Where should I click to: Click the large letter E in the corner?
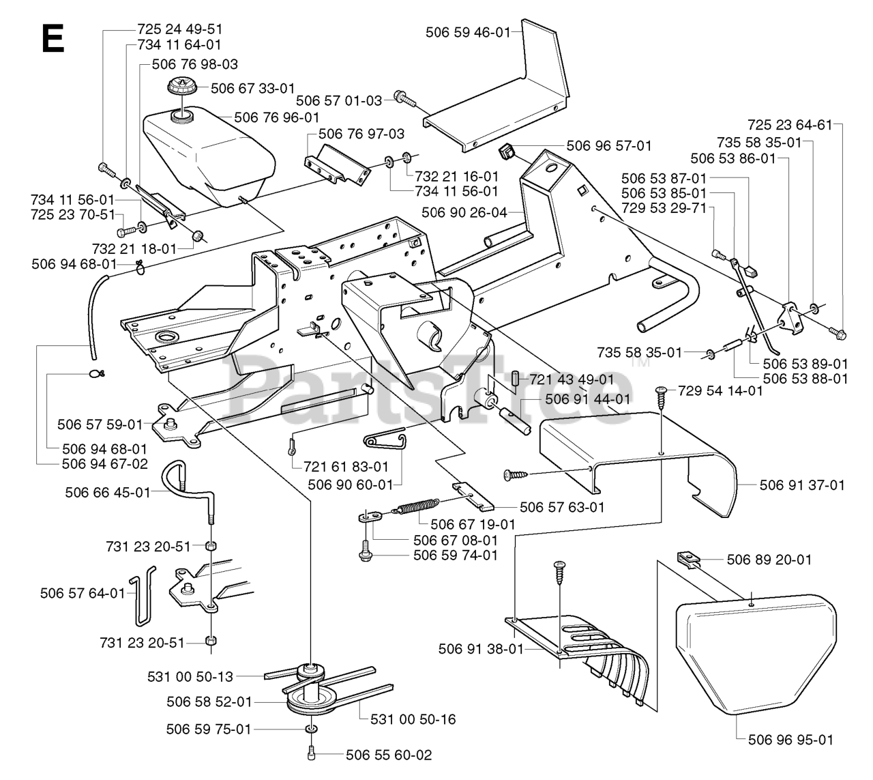click(x=53, y=38)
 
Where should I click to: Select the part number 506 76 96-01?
click(x=277, y=117)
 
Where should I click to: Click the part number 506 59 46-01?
click(x=468, y=32)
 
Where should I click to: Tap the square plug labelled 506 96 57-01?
click(x=507, y=152)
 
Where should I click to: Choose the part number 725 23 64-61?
click(x=789, y=125)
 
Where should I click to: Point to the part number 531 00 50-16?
click(x=413, y=719)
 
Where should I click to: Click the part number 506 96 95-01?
click(x=790, y=740)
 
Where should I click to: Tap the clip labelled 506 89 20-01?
click(x=688, y=559)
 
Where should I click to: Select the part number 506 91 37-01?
click(x=802, y=485)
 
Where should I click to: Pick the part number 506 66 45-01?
click(x=108, y=493)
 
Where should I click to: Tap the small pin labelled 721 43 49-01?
click(x=514, y=379)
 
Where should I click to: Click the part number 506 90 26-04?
click(x=464, y=212)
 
